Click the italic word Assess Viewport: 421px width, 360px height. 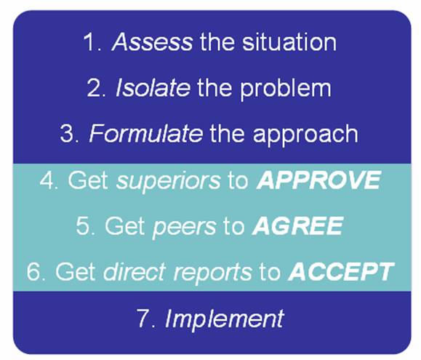point(152,42)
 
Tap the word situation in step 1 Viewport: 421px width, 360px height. point(289,42)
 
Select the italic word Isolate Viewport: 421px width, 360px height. point(153,87)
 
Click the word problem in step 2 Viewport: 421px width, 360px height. point(286,89)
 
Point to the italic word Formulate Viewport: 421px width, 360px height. point(145,133)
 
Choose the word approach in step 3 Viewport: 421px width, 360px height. point(305,135)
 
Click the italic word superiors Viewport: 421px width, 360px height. point(168,180)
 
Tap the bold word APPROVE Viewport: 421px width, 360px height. point(318,180)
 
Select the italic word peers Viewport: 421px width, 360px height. point(184,227)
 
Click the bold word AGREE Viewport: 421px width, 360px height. point(297,225)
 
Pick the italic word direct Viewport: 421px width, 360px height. point(135,271)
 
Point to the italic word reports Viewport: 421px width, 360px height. point(213,273)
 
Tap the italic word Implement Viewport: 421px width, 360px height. point(224,319)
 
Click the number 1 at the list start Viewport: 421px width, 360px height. point(90,42)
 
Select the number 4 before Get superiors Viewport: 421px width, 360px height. point(47,180)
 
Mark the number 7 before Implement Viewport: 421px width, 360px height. point(143,318)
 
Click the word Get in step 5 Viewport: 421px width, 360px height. point(125,226)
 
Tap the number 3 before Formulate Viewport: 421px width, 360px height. point(66,133)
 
